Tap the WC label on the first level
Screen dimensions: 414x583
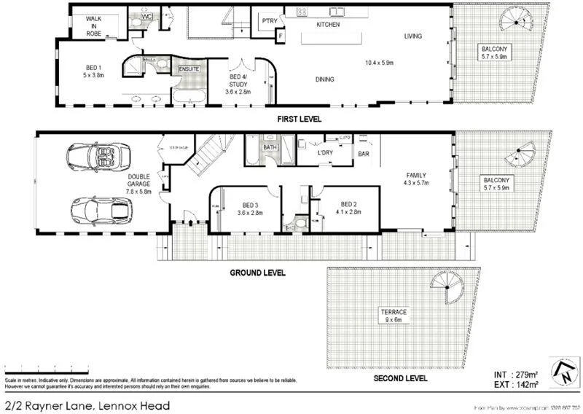146,15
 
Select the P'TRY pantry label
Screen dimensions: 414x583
269,21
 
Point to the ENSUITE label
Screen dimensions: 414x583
189,69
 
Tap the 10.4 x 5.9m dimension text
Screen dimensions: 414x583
378,63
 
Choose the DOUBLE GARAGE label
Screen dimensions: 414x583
139,184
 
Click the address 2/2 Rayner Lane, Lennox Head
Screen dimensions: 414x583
87,405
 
